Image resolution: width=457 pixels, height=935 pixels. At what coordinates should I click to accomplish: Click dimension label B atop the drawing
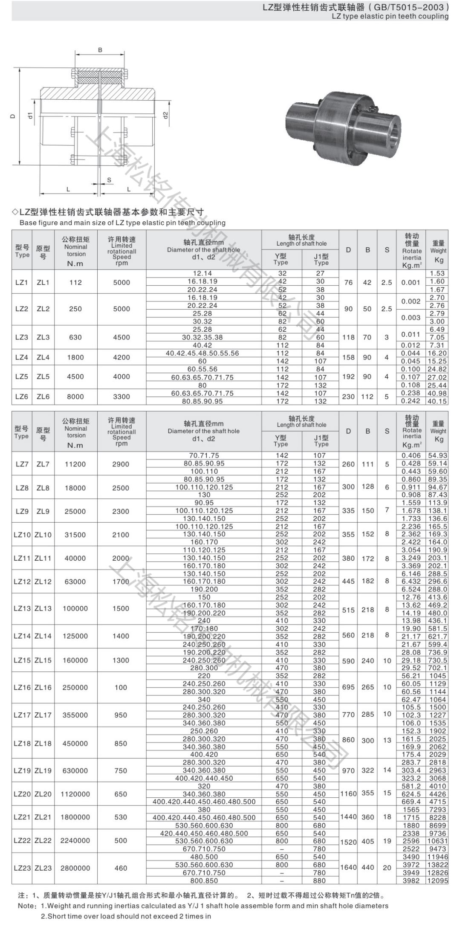100,50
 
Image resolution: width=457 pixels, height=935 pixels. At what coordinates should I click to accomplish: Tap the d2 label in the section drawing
166,115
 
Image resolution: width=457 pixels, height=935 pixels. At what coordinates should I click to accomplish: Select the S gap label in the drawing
109,180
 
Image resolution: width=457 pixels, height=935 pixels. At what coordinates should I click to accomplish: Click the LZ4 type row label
21,357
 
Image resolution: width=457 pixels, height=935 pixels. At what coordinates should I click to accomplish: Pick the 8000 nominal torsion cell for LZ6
75,397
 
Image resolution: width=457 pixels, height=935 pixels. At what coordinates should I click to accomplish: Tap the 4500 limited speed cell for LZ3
121,337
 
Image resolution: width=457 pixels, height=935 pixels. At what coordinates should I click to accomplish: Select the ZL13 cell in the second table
43,608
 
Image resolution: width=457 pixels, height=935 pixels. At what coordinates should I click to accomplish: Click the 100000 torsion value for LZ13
75,608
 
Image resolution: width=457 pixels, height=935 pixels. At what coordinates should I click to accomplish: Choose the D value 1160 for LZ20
348,793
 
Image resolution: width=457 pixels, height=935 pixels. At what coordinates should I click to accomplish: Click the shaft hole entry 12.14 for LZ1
202,273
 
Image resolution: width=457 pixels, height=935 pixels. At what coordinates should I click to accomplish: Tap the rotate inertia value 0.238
411,393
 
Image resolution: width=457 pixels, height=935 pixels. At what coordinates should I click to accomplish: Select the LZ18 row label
22,743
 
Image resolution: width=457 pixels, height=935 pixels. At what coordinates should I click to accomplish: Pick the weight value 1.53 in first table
437,273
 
